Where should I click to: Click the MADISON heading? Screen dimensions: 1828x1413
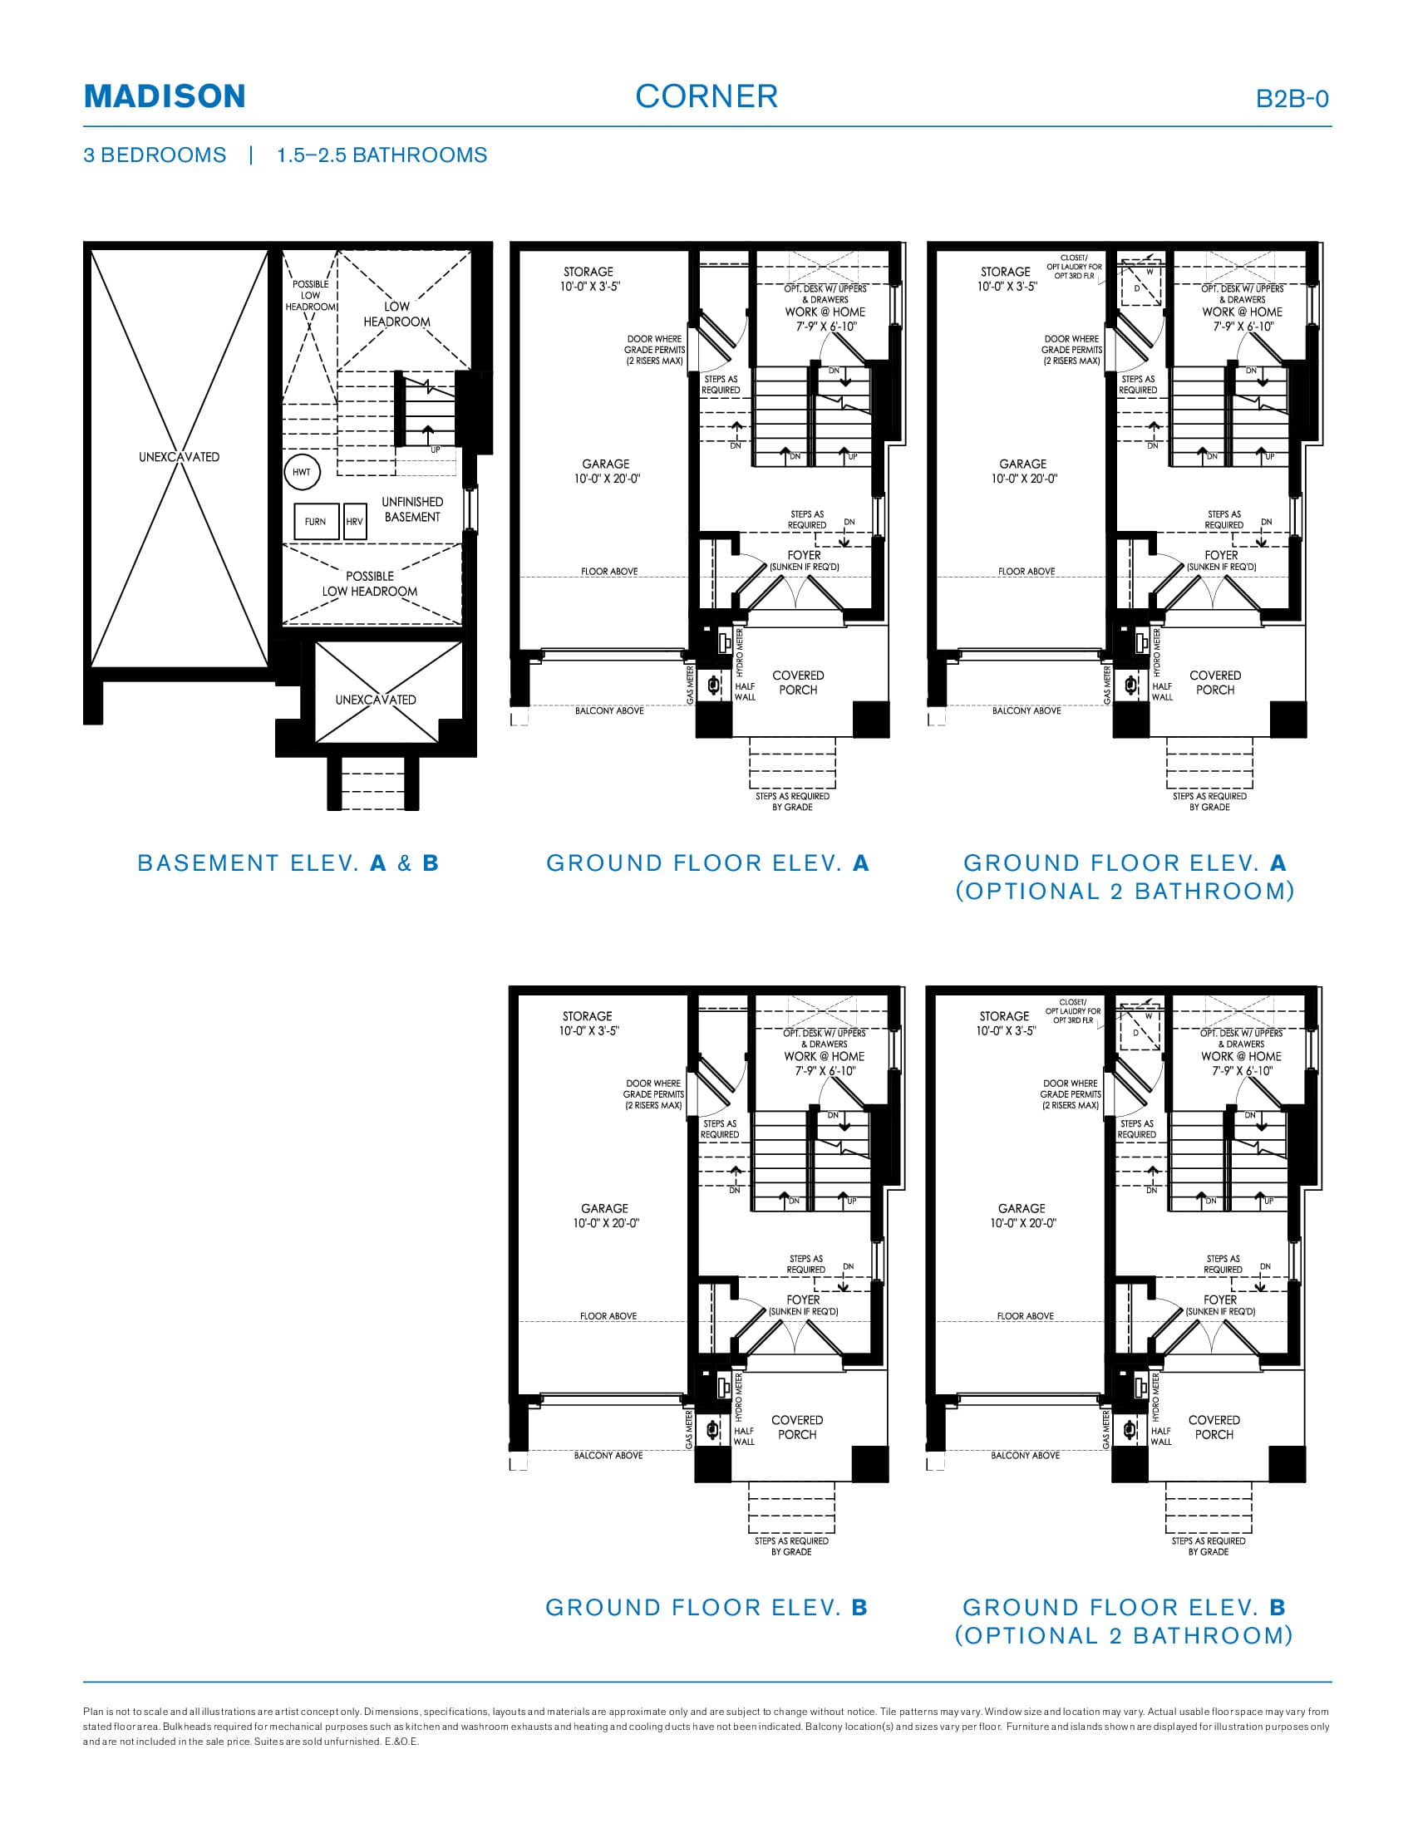(165, 96)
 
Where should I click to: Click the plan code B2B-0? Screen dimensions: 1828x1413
(1292, 99)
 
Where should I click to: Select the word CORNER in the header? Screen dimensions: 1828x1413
(706, 96)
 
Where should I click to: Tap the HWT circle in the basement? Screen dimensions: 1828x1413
(302, 472)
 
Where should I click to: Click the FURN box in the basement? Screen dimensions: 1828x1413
(316, 522)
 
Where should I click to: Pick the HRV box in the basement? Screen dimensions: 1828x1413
(355, 522)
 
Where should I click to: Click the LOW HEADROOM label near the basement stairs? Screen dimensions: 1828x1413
(396, 314)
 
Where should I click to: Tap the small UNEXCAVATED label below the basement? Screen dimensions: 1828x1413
(375, 700)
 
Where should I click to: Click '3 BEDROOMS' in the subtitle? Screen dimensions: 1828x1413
(155, 155)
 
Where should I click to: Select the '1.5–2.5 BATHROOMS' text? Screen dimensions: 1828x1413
(382, 155)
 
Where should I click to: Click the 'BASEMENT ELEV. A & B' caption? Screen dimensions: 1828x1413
(288, 863)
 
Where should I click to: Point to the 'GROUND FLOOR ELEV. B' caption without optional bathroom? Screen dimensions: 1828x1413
(706, 1607)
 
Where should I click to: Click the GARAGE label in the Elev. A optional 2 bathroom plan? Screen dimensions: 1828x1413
(1023, 471)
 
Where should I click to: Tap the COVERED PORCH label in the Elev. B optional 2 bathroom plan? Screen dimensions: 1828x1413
(1214, 1427)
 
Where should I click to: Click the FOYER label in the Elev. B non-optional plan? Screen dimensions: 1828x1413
(803, 1300)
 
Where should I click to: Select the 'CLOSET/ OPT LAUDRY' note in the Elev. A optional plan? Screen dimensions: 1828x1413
(1073, 266)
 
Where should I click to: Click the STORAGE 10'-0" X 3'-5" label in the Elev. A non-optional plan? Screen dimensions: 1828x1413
(588, 278)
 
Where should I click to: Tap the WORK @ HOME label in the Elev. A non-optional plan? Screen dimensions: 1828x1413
(825, 312)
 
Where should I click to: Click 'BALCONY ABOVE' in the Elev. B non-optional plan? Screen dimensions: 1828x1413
(608, 1456)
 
